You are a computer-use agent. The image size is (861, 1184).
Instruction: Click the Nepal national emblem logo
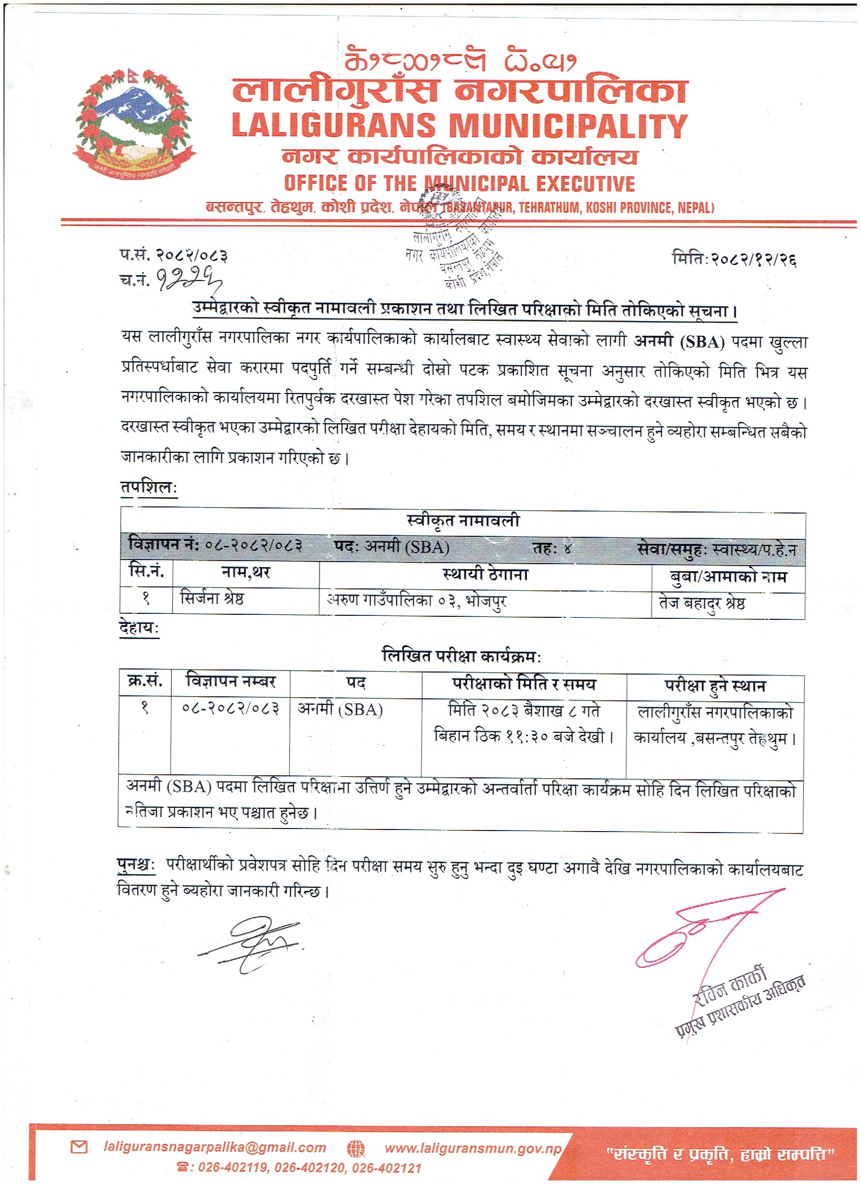134,125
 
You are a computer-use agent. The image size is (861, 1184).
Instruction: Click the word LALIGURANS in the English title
334,126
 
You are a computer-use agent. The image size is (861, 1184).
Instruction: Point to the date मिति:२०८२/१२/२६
734,259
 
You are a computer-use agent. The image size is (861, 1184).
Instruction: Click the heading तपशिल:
149,487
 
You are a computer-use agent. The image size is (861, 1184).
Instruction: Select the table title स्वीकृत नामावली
462,521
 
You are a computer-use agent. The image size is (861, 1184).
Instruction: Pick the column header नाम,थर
246,573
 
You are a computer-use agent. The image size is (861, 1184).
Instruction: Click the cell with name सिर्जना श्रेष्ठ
212,598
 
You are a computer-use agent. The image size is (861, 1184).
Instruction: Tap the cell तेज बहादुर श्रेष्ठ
702,603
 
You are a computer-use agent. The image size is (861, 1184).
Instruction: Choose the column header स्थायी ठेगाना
485,574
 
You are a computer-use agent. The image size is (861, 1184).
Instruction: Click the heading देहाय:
139,627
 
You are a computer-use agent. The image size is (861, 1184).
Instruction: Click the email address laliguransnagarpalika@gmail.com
215,1147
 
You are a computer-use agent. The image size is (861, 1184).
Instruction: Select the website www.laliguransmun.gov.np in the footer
473,1148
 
